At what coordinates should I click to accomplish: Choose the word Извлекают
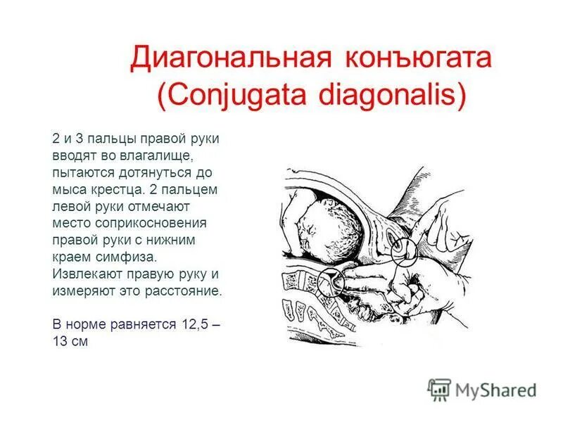click(86, 274)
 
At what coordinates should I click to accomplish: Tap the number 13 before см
click(60, 341)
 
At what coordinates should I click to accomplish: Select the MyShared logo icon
click(438, 389)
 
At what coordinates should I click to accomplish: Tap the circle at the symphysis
click(405, 250)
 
